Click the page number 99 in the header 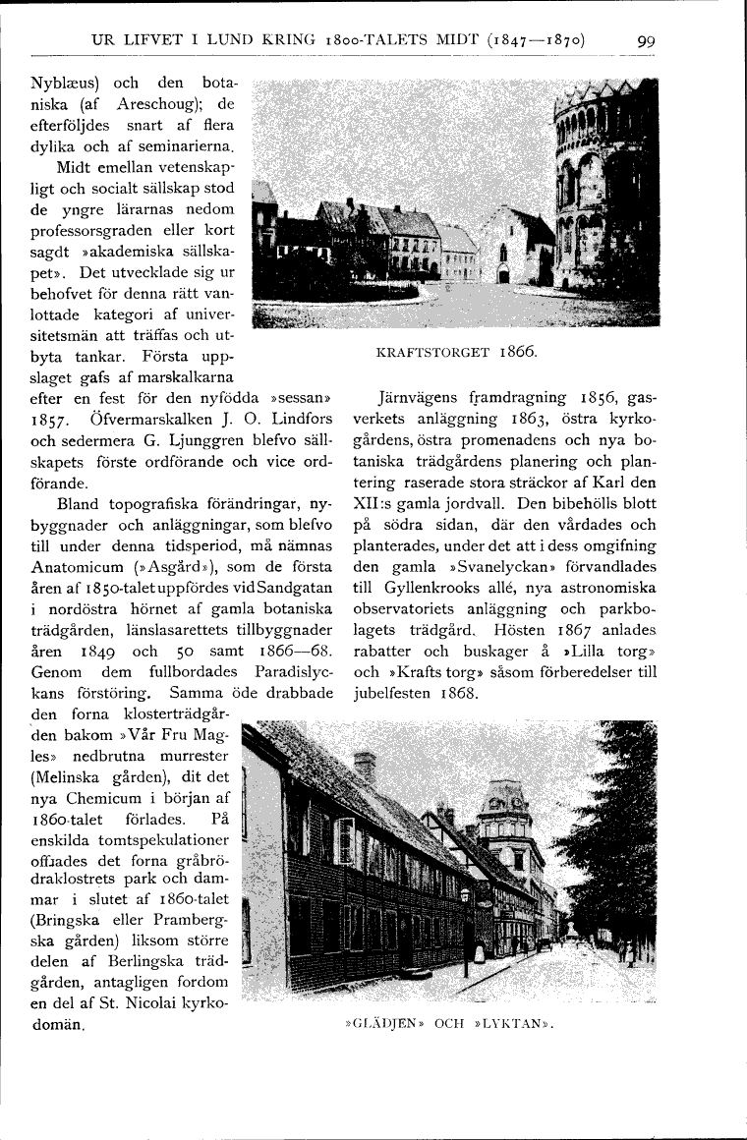pyautogui.click(x=646, y=41)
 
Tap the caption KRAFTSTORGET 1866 pyautogui.click(x=454, y=351)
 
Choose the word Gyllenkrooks pyautogui.click(x=431, y=590)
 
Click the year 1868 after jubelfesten pyautogui.click(x=454, y=694)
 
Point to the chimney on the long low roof pyautogui.click(x=365, y=766)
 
